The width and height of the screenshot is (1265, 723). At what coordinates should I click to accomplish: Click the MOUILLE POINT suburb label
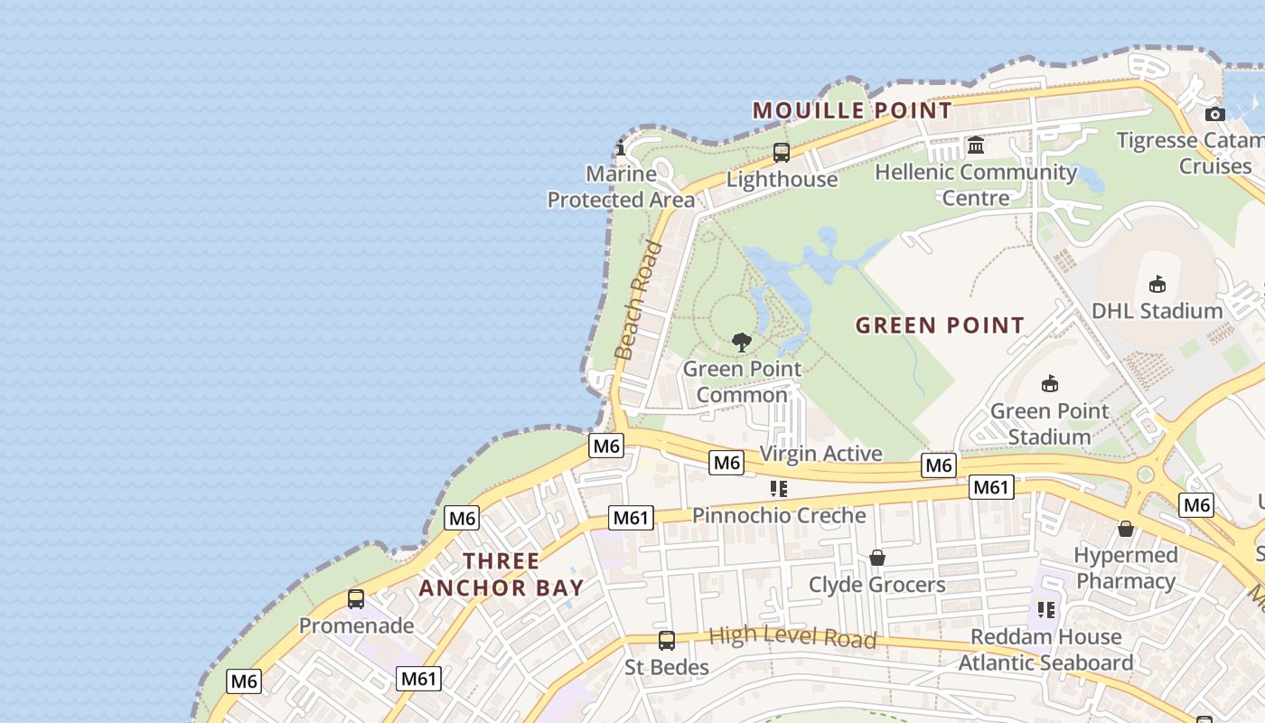pos(852,110)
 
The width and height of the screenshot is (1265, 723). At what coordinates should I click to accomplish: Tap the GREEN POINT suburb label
pos(940,325)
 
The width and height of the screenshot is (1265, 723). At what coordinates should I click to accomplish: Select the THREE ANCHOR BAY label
pos(501,574)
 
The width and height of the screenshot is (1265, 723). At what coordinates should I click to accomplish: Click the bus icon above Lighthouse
pos(782,153)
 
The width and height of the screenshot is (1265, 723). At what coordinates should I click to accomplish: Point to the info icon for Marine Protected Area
pos(621,148)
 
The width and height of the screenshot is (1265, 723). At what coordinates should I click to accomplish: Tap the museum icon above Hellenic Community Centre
pos(976,145)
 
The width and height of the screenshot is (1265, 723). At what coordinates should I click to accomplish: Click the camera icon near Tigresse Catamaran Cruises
pos(1215,114)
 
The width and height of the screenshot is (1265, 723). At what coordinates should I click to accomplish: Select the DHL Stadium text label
pos(1157,311)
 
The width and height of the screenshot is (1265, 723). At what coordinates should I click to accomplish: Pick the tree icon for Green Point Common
pos(742,343)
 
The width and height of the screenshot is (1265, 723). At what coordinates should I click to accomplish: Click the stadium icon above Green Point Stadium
pos(1049,384)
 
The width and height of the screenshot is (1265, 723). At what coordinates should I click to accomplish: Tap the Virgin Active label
pos(820,454)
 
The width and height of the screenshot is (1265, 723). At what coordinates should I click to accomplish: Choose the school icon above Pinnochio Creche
pos(779,489)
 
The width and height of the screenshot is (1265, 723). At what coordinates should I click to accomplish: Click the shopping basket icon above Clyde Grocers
pos(876,559)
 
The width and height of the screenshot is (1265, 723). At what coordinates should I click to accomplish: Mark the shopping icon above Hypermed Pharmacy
pos(1126,529)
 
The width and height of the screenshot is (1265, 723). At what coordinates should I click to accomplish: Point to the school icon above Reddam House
pos(1046,610)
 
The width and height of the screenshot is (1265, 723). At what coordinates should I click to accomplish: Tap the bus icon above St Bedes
pos(667,641)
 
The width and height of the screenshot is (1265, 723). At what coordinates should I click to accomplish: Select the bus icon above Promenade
pos(356,598)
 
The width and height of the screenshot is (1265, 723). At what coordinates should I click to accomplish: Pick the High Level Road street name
pos(792,637)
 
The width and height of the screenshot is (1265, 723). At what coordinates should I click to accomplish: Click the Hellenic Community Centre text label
pos(976,184)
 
